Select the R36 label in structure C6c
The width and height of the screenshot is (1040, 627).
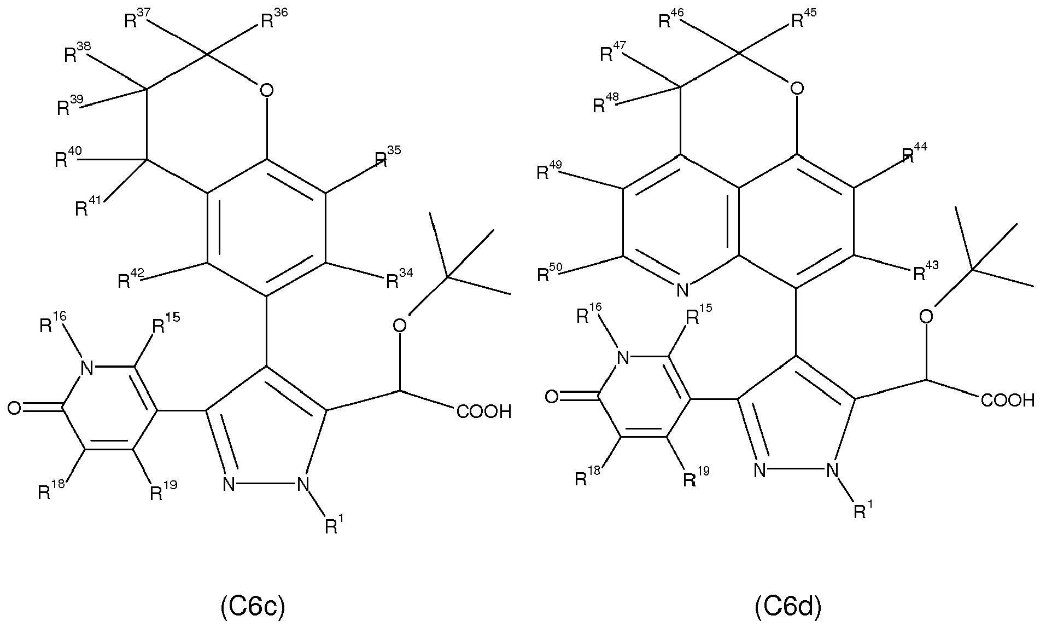coord(273,20)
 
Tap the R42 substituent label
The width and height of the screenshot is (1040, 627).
coord(130,279)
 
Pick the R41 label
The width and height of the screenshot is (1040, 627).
coord(87,206)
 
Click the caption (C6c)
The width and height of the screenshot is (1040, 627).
coord(253,607)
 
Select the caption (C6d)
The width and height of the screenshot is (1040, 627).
coord(788,607)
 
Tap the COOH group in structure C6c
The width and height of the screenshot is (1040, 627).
coord(484,411)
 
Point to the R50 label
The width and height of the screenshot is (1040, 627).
coord(550,272)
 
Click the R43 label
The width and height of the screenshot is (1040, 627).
coord(926,271)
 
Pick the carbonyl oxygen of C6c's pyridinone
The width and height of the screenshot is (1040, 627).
coord(15,408)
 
